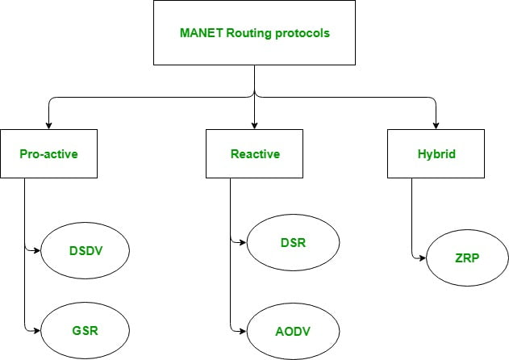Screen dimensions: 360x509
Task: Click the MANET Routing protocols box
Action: point(254,34)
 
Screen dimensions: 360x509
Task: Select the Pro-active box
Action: point(48,153)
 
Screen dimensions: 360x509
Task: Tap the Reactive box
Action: point(254,153)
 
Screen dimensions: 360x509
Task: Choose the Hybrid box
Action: point(436,153)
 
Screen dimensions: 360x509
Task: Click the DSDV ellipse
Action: point(86,250)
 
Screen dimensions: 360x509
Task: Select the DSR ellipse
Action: point(292,241)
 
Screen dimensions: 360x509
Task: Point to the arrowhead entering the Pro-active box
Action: point(48,124)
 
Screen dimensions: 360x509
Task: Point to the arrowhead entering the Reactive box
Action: point(254,124)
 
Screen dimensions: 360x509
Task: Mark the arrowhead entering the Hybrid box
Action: point(436,124)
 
